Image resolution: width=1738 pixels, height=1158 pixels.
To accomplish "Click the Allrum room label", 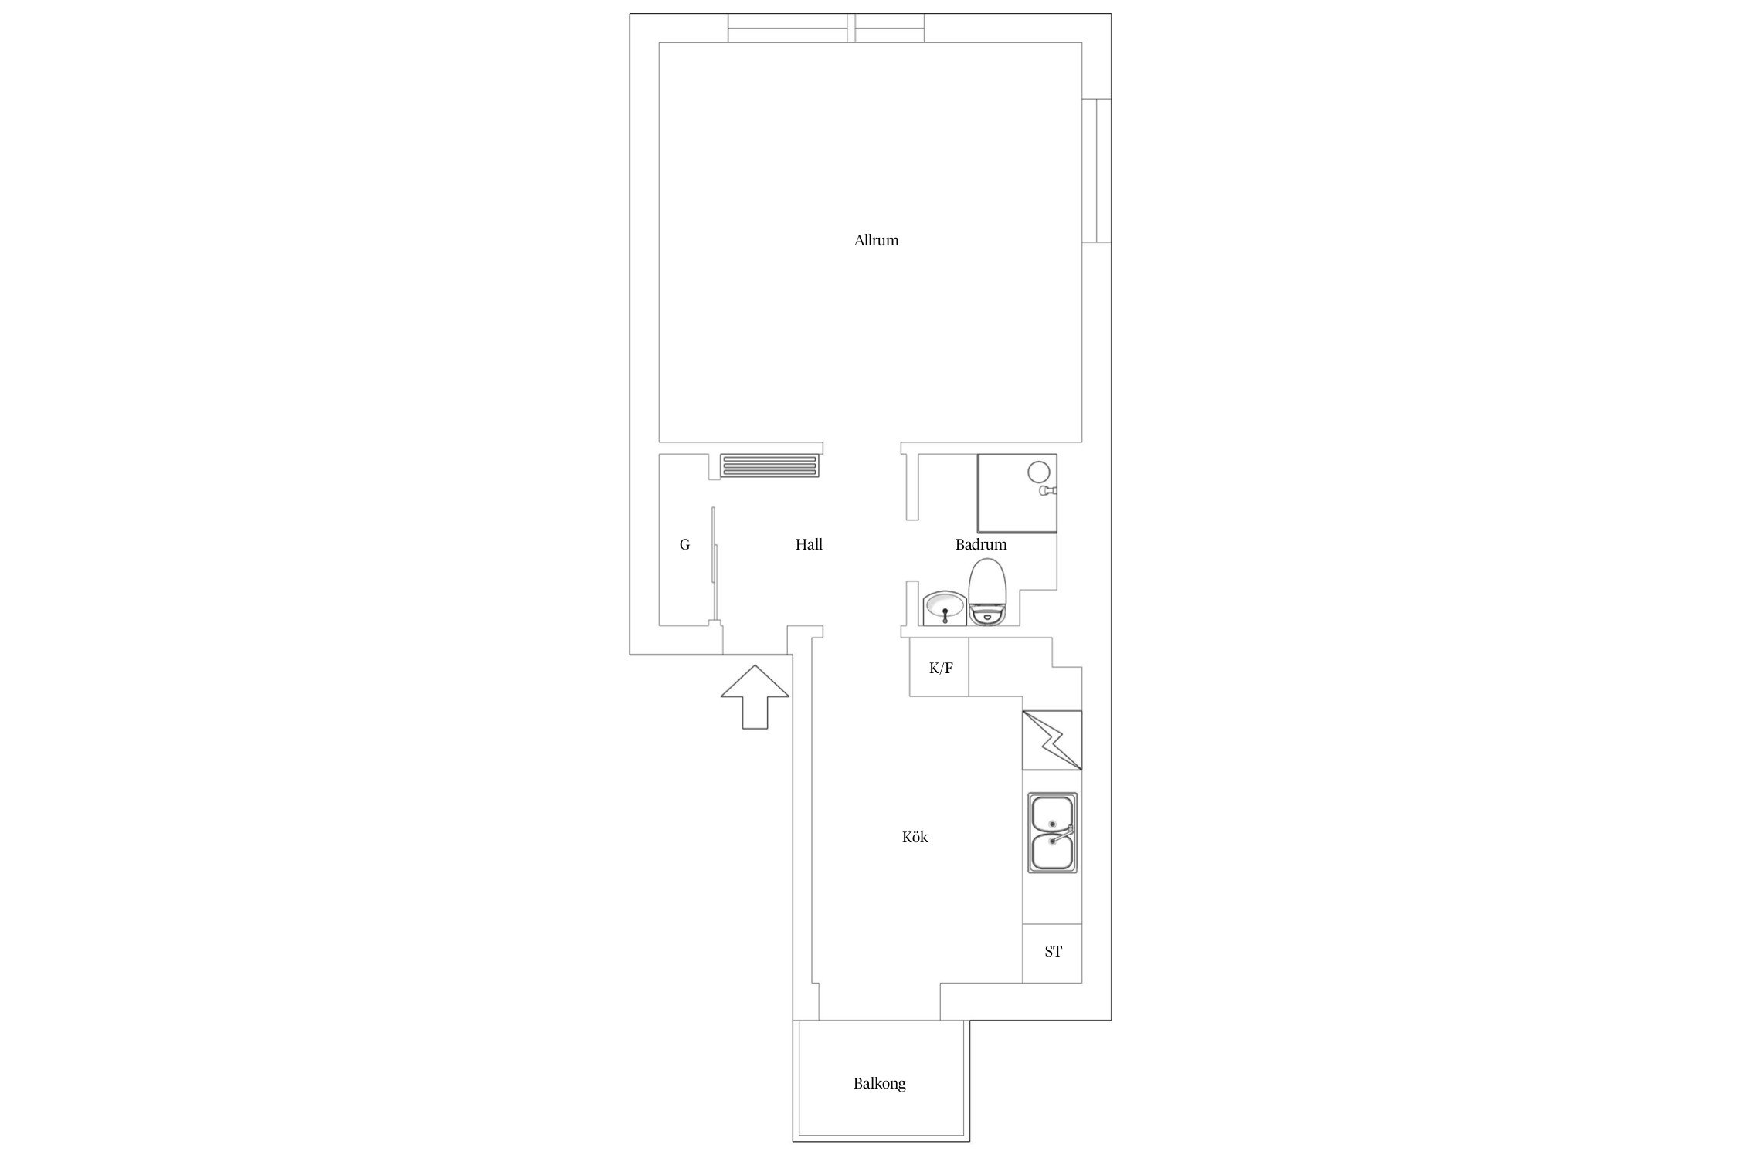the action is (876, 240).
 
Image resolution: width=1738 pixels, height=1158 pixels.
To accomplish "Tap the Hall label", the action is (809, 544).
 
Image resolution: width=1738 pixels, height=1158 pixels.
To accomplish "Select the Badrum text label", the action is (981, 544).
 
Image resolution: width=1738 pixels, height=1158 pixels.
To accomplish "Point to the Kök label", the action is (915, 837).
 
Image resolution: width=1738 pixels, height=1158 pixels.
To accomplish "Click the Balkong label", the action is (879, 1083).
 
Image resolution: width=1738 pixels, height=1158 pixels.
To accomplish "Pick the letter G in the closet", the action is (684, 545).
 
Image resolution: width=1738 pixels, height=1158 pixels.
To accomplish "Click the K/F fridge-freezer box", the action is (939, 667).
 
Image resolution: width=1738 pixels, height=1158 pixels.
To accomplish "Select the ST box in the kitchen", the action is (1052, 953).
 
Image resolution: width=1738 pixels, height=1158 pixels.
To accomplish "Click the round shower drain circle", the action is (1039, 471).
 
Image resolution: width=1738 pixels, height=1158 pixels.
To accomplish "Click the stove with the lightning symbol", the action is (1052, 740).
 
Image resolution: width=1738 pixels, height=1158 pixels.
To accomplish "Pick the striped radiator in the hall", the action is (768, 466).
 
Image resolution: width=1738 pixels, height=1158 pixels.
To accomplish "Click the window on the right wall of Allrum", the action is (1096, 171).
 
